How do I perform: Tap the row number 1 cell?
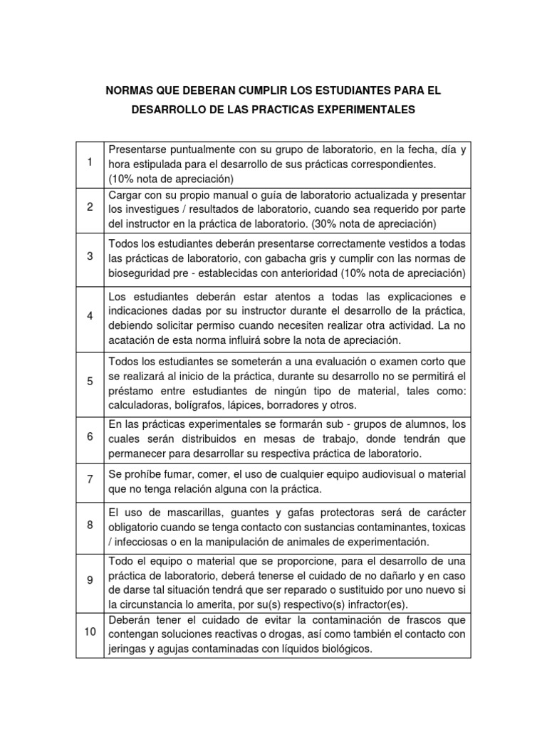tap(90, 163)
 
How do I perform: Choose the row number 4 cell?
tap(90, 315)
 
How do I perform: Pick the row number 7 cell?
tap(90, 480)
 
